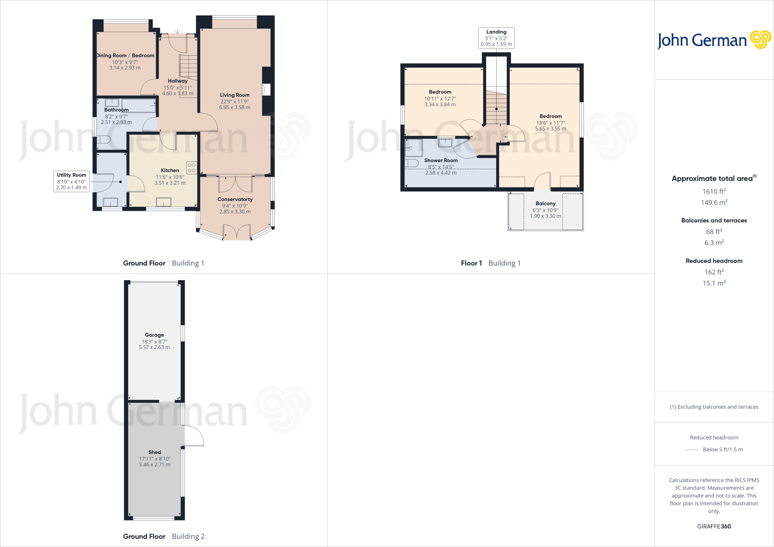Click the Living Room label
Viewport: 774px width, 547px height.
point(235,95)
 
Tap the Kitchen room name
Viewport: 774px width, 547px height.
point(170,170)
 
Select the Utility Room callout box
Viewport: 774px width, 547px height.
point(71,181)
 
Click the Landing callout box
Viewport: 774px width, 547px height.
point(496,38)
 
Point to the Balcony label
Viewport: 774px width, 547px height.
point(545,204)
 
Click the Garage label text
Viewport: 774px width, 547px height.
point(154,335)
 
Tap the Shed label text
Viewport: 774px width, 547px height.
point(155,452)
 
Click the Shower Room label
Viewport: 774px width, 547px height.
point(441,161)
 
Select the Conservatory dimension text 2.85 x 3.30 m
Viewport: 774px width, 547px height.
point(235,212)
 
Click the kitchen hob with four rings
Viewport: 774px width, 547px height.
point(192,168)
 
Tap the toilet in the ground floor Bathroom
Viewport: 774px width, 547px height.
point(103,140)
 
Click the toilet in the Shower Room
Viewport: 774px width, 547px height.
point(412,163)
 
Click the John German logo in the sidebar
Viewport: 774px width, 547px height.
point(714,40)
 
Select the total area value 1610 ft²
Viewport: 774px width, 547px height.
point(714,192)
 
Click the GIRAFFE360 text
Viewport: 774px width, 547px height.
point(714,526)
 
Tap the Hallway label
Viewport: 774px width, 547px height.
point(178,81)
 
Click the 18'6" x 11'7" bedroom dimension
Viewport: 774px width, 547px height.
point(551,123)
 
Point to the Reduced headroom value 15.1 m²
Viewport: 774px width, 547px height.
point(714,283)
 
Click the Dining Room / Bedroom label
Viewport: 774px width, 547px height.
point(125,56)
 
